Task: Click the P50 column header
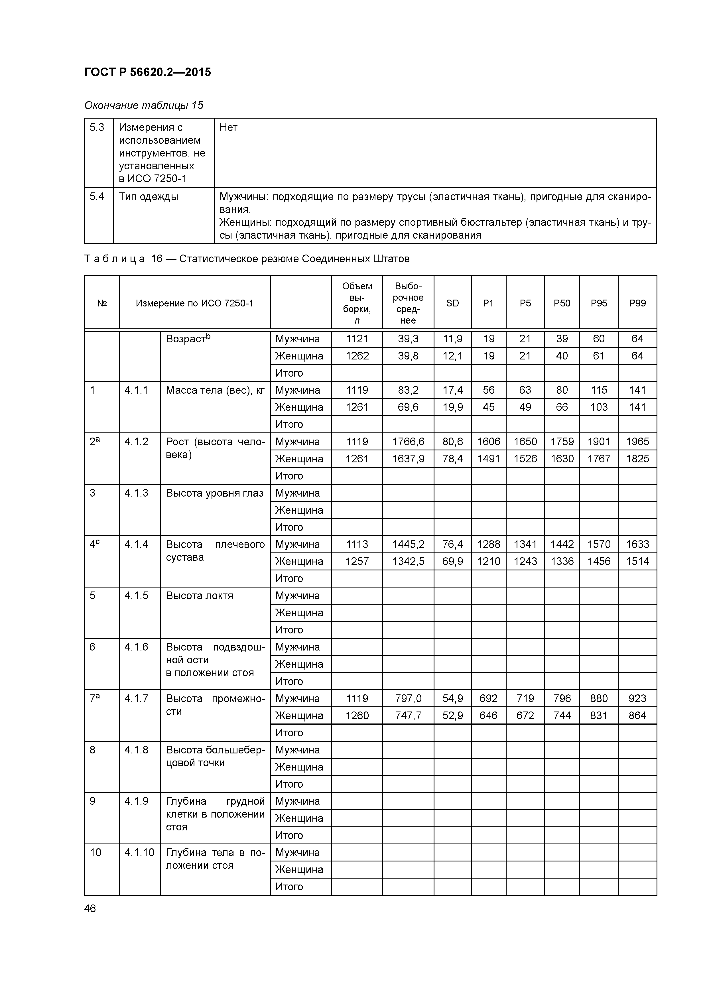click(562, 303)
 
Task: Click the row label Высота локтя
click(199, 595)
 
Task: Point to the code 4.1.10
click(139, 852)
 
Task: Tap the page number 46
click(90, 908)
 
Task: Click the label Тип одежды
click(149, 197)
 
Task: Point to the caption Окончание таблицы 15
click(143, 105)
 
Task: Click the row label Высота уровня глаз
click(214, 493)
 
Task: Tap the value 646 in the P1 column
click(488, 716)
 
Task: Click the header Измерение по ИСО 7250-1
click(194, 303)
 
